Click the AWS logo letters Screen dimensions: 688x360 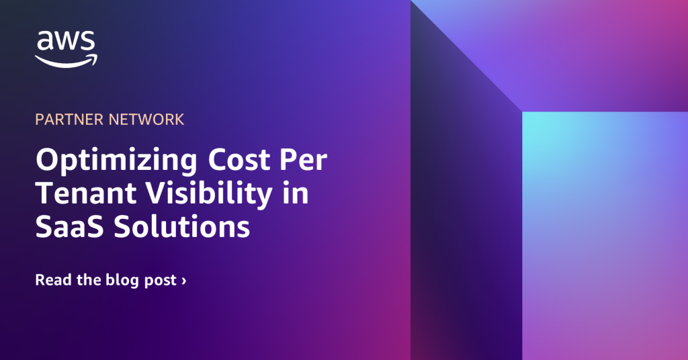[x=67, y=42]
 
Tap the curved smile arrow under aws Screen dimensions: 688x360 [x=67, y=61]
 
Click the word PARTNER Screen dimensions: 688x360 [x=69, y=120]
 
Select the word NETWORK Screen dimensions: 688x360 [x=146, y=120]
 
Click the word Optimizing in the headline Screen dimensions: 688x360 [x=116, y=161]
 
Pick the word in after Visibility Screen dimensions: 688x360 [x=296, y=193]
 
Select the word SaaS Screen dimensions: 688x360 [x=70, y=227]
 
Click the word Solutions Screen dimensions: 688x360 [x=181, y=226]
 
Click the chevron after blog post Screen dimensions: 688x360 [x=184, y=281]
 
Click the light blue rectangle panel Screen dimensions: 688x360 [x=605, y=236]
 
